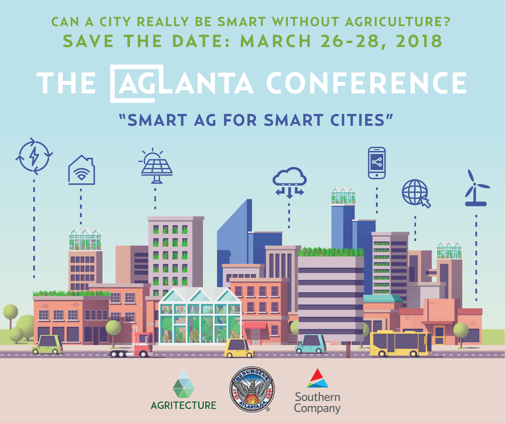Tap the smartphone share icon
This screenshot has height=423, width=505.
click(x=376, y=163)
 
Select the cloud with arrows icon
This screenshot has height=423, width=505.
click(x=289, y=182)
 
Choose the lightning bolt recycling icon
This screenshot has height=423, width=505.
click(x=34, y=156)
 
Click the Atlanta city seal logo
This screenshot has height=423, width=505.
click(x=252, y=389)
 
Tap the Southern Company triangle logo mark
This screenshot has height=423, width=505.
click(x=317, y=378)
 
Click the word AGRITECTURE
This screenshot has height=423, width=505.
click(x=183, y=405)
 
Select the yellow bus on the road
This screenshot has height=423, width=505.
click(x=400, y=343)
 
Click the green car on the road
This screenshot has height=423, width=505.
click(x=48, y=344)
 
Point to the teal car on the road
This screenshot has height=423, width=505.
click(x=311, y=344)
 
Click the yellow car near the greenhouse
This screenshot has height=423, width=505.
click(x=238, y=348)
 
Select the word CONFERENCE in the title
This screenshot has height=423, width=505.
click(x=366, y=83)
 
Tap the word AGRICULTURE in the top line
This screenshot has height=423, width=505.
click(x=398, y=22)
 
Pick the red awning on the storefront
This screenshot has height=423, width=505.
click(x=255, y=325)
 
